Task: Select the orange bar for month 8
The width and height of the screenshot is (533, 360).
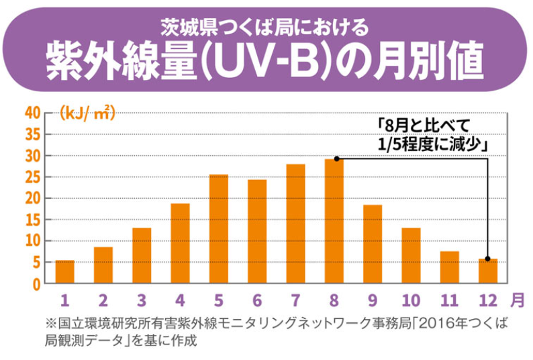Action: click(334, 221)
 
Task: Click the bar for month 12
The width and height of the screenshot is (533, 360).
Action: click(488, 271)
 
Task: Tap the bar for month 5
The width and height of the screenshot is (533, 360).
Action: click(218, 228)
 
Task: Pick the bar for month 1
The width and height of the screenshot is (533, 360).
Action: click(64, 271)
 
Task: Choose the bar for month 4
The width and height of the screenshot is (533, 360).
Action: click(180, 242)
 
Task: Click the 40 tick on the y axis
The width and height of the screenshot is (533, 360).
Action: click(32, 113)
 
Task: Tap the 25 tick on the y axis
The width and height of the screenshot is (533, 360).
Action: click(32, 177)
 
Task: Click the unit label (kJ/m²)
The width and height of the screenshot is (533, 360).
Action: click(87, 113)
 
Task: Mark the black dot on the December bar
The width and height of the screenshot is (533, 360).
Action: click(487, 259)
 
